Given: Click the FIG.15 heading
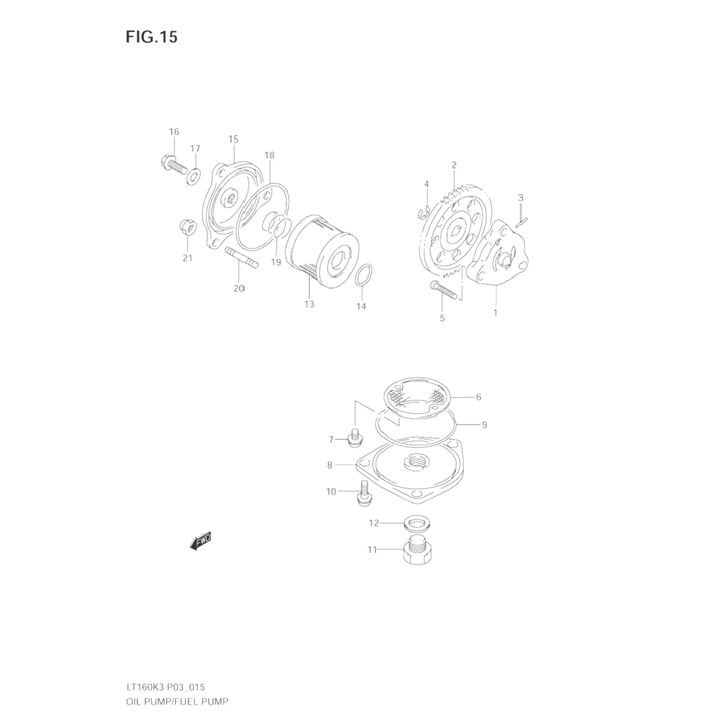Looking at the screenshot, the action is [152, 37].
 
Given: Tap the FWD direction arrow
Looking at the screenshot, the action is [201, 541].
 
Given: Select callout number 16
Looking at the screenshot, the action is [174, 132].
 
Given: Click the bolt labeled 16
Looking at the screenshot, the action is [173, 165].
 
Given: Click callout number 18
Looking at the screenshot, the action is [269, 155].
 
